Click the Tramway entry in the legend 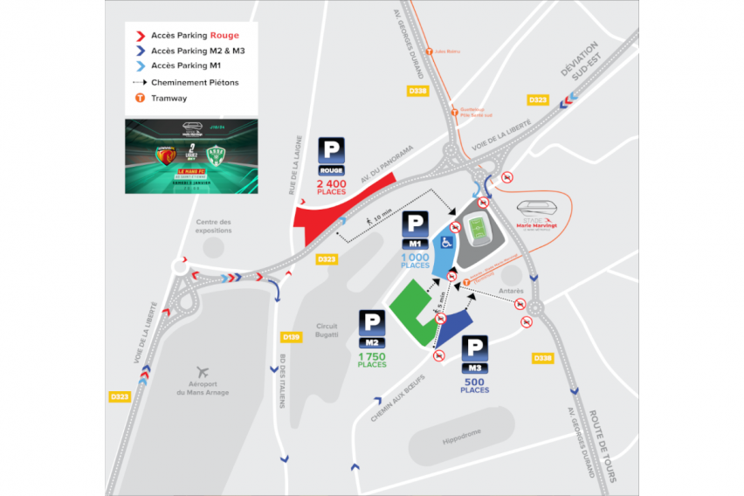point(169,99)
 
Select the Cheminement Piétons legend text point(195,82)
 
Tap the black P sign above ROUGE point(331,149)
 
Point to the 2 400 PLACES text point(331,188)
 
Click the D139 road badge point(291,336)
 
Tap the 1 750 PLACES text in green point(372,360)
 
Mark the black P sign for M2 point(372,323)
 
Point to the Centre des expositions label point(214,226)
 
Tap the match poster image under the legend point(191,156)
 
